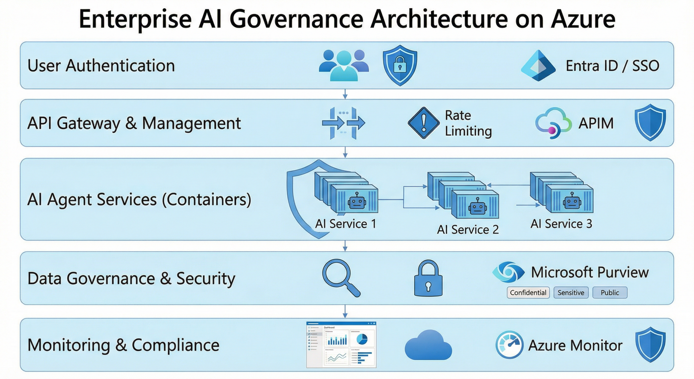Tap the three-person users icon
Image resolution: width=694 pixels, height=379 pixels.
tap(344, 66)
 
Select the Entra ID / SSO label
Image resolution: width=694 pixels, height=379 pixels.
tap(612, 66)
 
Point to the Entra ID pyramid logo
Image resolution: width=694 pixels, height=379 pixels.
tap(538, 66)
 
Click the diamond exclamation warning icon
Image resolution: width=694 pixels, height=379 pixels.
tap(423, 123)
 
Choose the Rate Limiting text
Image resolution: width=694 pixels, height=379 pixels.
tap(468, 123)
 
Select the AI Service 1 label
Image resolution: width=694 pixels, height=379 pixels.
tap(346, 224)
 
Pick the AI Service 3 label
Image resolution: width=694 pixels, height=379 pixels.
tap(561, 224)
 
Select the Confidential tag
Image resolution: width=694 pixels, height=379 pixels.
tap(528, 293)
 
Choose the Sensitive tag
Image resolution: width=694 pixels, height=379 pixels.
tap(571, 293)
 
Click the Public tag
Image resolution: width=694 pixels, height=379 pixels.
tap(610, 293)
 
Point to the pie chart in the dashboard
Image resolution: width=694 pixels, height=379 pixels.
tap(362, 339)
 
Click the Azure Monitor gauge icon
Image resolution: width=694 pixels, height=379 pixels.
tap(509, 345)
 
